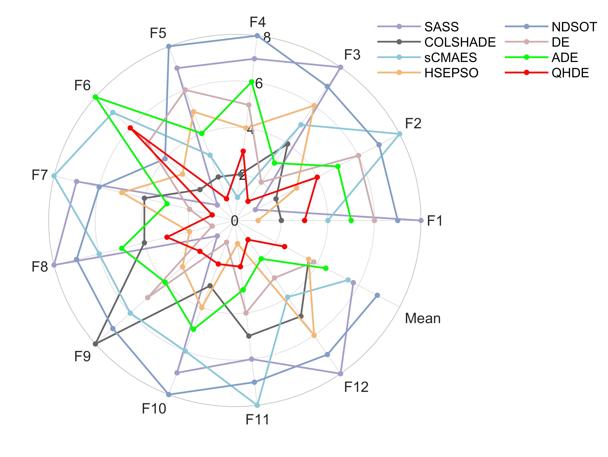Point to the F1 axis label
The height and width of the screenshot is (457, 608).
click(x=435, y=221)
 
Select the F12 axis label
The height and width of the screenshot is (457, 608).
click(x=356, y=387)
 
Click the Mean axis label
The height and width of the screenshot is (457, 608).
click(x=422, y=318)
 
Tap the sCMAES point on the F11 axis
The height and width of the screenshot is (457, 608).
click(x=257, y=405)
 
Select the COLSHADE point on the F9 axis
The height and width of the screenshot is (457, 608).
click(x=95, y=344)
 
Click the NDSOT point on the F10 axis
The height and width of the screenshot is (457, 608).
click(x=169, y=394)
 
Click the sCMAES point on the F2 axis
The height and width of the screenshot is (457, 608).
click(x=400, y=134)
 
